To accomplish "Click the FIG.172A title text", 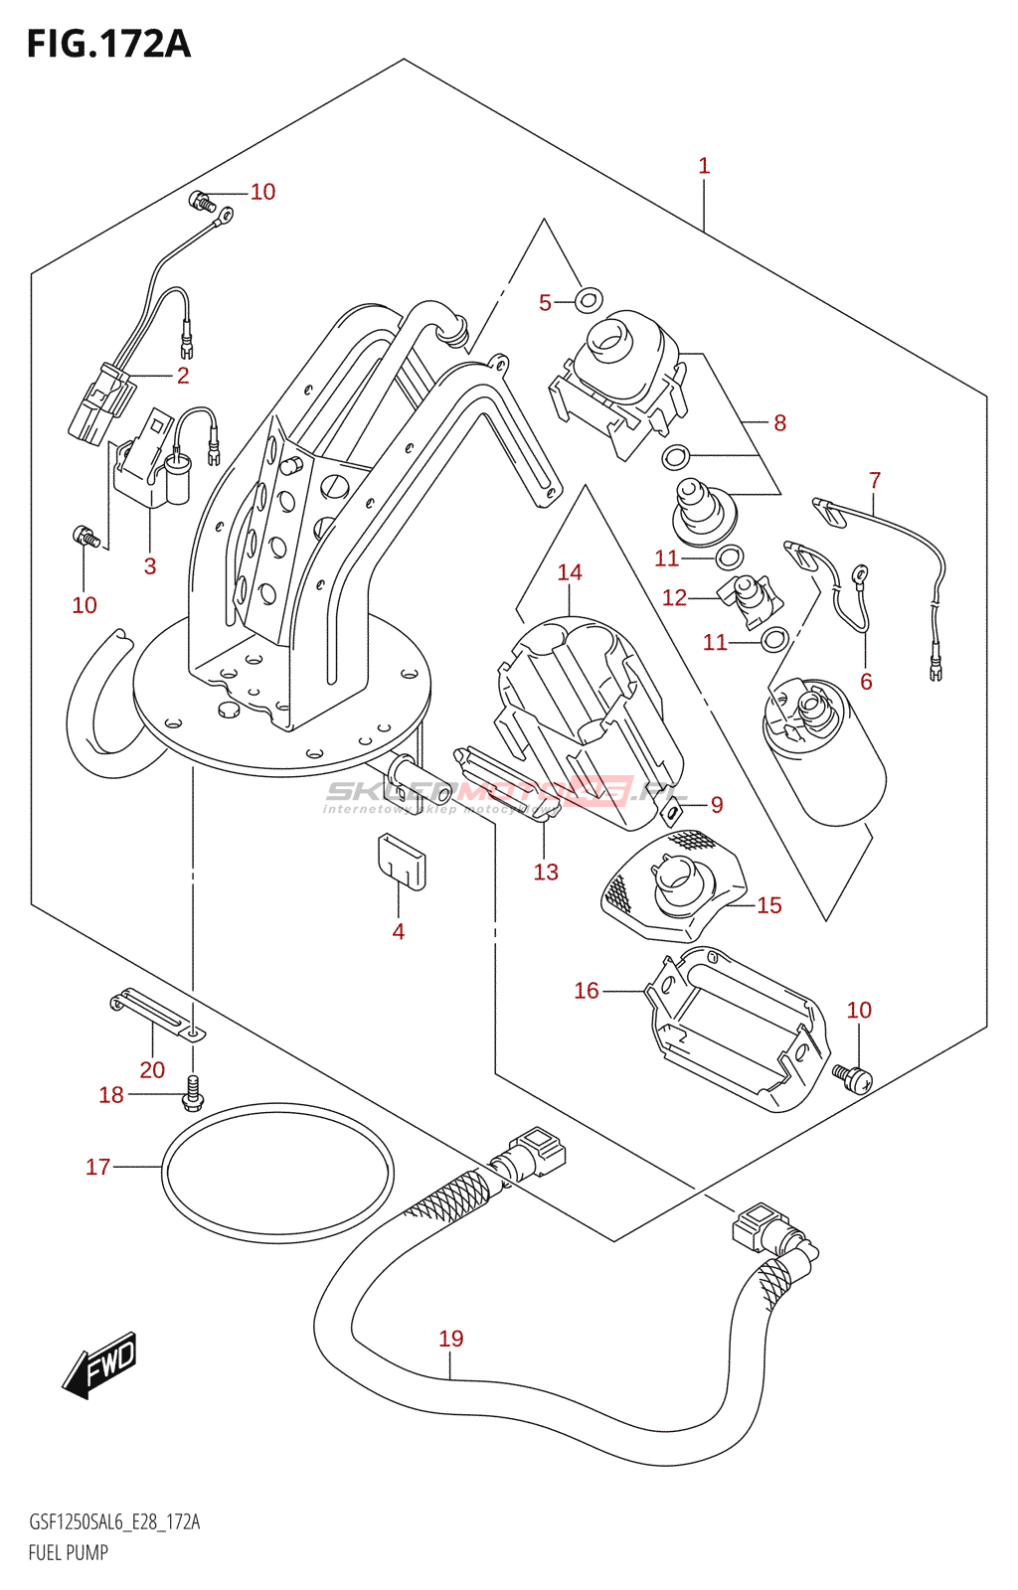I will pyautogui.click(x=107, y=44).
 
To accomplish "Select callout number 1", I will pyautogui.click(x=704, y=166).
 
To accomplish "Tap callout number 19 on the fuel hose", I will pyautogui.click(x=451, y=1339).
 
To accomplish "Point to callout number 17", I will pyautogui.click(x=97, y=1167).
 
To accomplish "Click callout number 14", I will pyautogui.click(x=570, y=572).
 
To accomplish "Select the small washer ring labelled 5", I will pyautogui.click(x=590, y=297).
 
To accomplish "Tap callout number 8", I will pyautogui.click(x=780, y=423).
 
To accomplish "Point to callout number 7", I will pyautogui.click(x=875, y=481).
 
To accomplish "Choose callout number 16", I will pyautogui.click(x=587, y=991).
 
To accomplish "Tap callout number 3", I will pyautogui.click(x=150, y=566).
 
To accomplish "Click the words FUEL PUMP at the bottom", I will pyautogui.click(x=69, y=1552).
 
